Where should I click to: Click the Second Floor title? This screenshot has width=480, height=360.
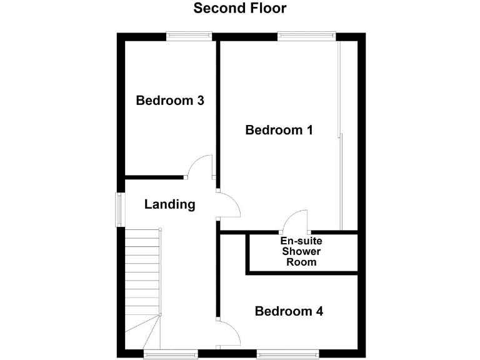click(239, 8)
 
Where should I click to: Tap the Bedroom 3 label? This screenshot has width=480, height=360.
click(171, 100)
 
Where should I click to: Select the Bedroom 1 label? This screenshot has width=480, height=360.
click(279, 130)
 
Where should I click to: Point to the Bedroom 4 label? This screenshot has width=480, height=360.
click(289, 311)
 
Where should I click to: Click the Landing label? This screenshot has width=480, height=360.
click(169, 204)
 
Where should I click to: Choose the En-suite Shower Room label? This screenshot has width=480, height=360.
click(301, 251)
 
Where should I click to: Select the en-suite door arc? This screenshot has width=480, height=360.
click(296, 220)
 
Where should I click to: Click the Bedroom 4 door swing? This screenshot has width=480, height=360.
click(229, 332)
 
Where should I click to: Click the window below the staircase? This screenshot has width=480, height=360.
click(162, 354)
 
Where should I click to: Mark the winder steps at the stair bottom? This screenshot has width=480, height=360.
click(143, 332)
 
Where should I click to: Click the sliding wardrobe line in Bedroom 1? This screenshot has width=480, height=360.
click(339, 137)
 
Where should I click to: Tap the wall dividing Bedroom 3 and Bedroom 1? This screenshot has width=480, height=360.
click(217, 106)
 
